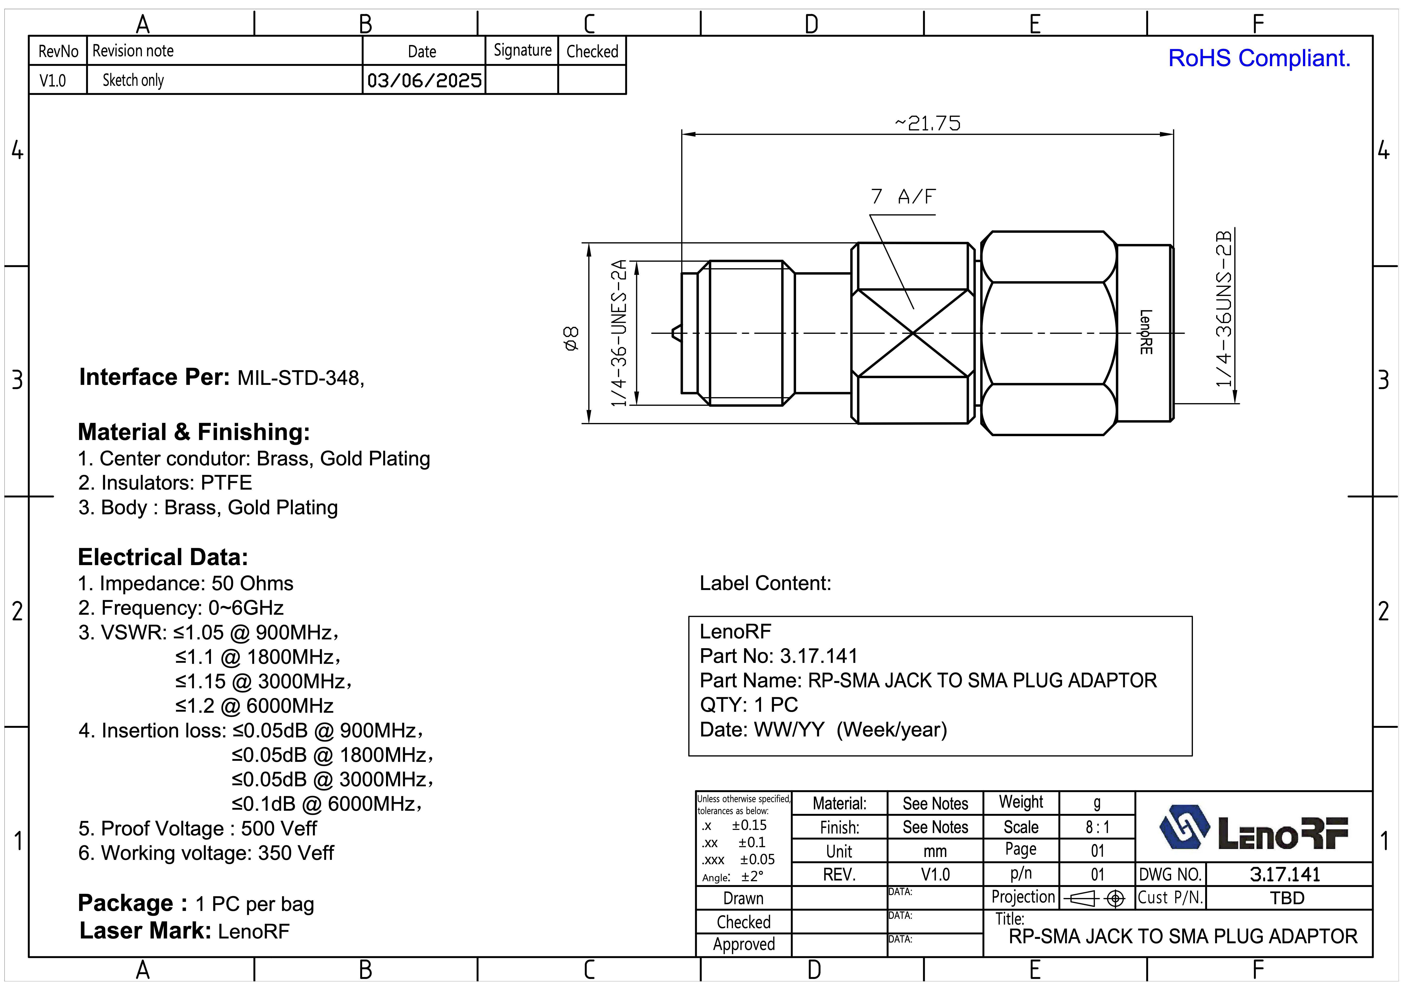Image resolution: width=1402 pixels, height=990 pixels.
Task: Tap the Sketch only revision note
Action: (x=133, y=80)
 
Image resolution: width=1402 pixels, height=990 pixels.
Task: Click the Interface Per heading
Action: (x=154, y=377)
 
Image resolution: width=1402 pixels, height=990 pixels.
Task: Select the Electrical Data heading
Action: (x=162, y=557)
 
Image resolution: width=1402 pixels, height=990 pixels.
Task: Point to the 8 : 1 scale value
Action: (x=1097, y=827)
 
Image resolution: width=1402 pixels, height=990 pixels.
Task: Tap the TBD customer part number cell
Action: (x=1287, y=898)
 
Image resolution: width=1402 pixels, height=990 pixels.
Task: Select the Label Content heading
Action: (x=765, y=583)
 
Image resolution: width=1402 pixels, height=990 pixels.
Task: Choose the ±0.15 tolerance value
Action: (x=749, y=825)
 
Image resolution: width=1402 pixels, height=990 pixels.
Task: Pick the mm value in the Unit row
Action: (x=935, y=851)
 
